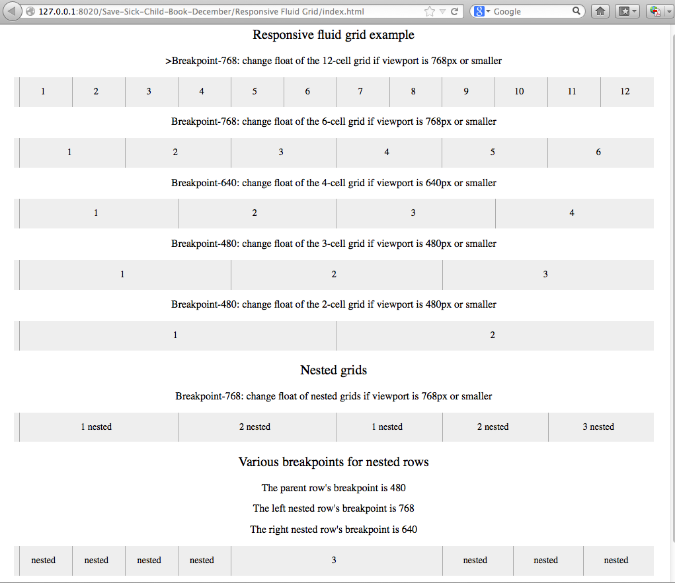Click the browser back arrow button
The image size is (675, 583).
[13, 11]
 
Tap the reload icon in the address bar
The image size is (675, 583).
[455, 11]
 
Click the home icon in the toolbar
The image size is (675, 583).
[600, 11]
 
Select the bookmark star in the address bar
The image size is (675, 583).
[430, 11]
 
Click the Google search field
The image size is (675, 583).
[529, 11]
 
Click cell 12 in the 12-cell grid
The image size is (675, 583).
[625, 92]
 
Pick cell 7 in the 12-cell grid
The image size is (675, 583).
[360, 92]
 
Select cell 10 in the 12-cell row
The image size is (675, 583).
[519, 92]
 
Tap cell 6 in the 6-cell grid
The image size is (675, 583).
[598, 153]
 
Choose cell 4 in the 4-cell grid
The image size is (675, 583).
[572, 213]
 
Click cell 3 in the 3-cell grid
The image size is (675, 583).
[545, 274]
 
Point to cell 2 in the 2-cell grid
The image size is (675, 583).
[493, 335]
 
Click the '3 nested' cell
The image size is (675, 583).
[598, 427]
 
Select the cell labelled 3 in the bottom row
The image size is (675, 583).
[334, 561]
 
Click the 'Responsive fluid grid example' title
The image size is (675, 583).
[333, 35]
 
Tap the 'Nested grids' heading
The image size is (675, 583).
[333, 370]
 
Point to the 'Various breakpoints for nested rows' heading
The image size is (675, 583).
[333, 462]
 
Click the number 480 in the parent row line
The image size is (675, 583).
[397, 488]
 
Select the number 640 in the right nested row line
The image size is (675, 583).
[409, 530]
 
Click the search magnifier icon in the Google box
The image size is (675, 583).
[577, 11]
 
